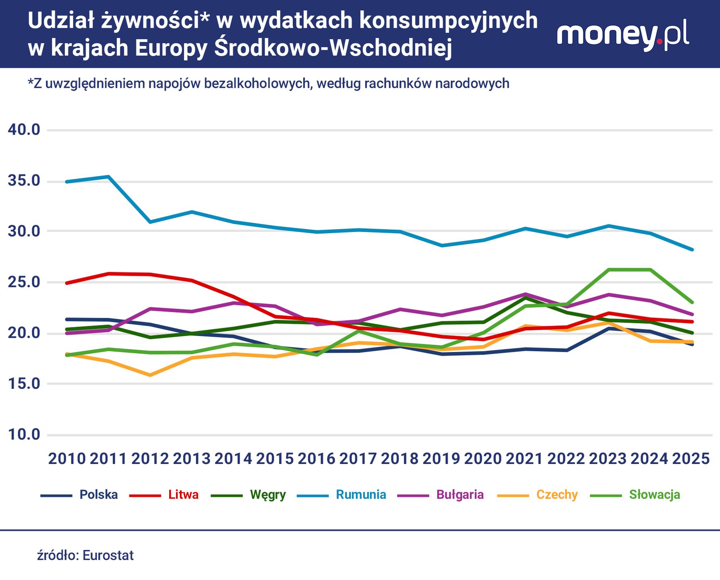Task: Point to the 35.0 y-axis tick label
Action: pyautogui.click(x=24, y=181)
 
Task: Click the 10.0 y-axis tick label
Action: pyautogui.click(x=24, y=435)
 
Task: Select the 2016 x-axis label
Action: pyautogui.click(x=317, y=459)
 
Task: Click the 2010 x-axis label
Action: pyautogui.click(x=67, y=459)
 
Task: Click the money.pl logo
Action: pyautogui.click(x=623, y=35)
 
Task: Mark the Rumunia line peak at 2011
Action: pyautogui.click(x=108, y=176)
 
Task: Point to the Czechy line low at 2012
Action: pyautogui.click(x=150, y=375)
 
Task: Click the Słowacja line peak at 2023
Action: pyautogui.click(x=608, y=269)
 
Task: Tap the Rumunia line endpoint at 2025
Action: pyautogui.click(x=692, y=250)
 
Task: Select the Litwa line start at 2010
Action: pyautogui.click(x=66, y=283)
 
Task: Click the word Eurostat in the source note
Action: pyautogui.click(x=108, y=555)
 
